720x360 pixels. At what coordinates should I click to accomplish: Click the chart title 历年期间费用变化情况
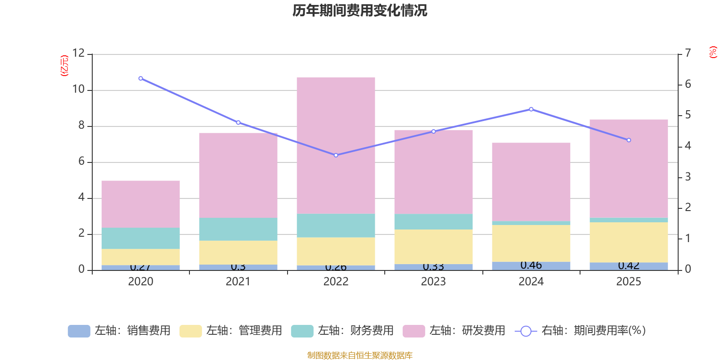[x=360, y=10]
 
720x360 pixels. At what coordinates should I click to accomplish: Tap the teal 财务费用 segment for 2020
[x=140, y=238]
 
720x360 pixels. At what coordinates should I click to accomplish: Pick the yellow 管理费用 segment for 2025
[x=629, y=242]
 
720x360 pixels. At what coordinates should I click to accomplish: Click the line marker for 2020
[x=140, y=78]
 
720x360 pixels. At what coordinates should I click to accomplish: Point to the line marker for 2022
[x=336, y=155]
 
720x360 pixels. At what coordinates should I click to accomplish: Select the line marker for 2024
[x=531, y=109]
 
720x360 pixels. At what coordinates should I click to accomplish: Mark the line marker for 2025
[x=629, y=140]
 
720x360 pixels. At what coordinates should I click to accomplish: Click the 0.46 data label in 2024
[x=531, y=265]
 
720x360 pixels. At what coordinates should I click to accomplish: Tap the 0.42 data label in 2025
[x=629, y=265]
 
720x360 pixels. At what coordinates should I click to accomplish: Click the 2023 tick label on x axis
[x=433, y=282]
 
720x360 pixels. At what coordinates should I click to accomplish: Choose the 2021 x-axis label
[x=238, y=282]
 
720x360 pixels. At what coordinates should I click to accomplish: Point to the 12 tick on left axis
[x=79, y=53]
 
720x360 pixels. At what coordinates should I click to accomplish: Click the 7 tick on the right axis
[x=688, y=53]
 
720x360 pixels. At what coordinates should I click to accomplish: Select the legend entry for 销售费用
[x=119, y=331]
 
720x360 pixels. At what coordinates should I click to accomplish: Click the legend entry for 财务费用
[x=342, y=331]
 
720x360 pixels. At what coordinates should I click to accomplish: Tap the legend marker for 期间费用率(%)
[x=526, y=331]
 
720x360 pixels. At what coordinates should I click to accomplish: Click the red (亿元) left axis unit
[x=64, y=66]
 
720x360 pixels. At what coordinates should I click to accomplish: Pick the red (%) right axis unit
[x=713, y=52]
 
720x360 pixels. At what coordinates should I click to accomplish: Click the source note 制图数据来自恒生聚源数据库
[x=360, y=355]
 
